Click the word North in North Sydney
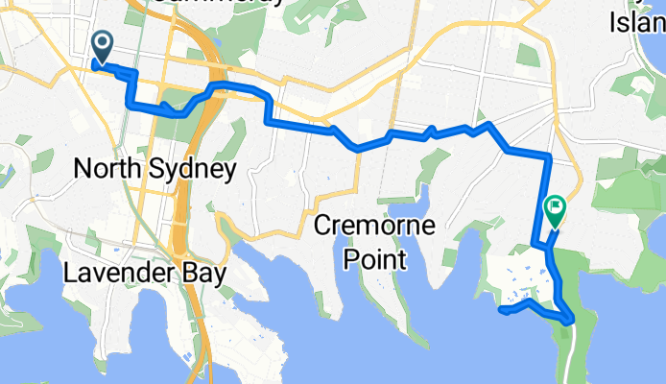tap(105, 170)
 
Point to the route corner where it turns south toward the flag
tap(548, 156)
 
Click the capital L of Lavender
tap(70, 274)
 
